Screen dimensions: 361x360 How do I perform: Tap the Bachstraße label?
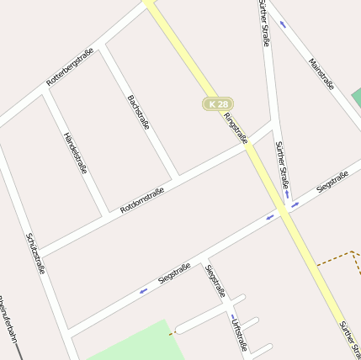point(139,113)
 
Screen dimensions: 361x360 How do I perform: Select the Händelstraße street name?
point(76,152)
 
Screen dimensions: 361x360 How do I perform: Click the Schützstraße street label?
point(35,253)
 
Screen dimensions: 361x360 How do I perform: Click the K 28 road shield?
point(217,103)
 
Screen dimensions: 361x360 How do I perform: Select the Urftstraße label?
point(240,334)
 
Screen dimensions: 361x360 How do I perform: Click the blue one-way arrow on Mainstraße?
point(282,24)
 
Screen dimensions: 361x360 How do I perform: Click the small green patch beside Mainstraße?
point(357,97)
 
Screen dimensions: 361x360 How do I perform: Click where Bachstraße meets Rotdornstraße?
point(177,180)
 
